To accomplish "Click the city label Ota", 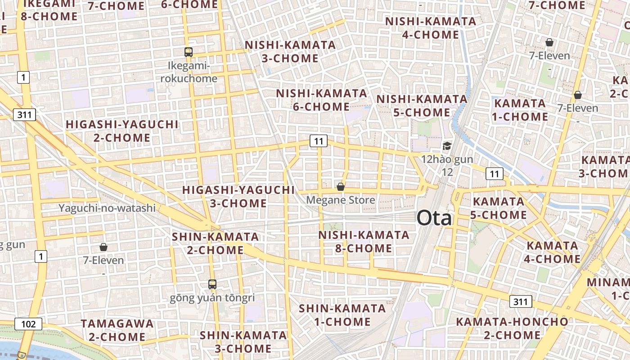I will pos(434,218).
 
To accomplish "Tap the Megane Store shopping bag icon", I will pos(341,186).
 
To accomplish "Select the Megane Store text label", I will pos(340,199).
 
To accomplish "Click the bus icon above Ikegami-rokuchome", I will pos(189,52).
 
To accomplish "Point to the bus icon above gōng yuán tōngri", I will pos(212,284).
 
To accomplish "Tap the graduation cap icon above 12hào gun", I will pos(447,146).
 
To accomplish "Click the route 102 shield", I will pos(28,324).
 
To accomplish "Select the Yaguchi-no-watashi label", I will pos(107,208).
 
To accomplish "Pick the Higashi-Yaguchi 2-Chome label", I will pos(122,131).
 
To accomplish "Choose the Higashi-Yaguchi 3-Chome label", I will pos(238,197).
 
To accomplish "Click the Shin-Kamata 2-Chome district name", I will pos(216,243).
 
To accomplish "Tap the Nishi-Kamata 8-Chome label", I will pos(364,242).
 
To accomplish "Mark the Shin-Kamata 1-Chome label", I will pos(342,315).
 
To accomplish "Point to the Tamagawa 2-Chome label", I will pos(117,330).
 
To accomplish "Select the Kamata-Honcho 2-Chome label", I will pos(512,328).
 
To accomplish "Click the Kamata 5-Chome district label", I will pos(499,208).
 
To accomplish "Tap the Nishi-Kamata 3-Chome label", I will pos(290,52).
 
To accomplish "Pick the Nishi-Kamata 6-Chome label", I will pos(321,100).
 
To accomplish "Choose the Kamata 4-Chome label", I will pos(553,252).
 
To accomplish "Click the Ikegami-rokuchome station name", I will pos(189,72).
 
